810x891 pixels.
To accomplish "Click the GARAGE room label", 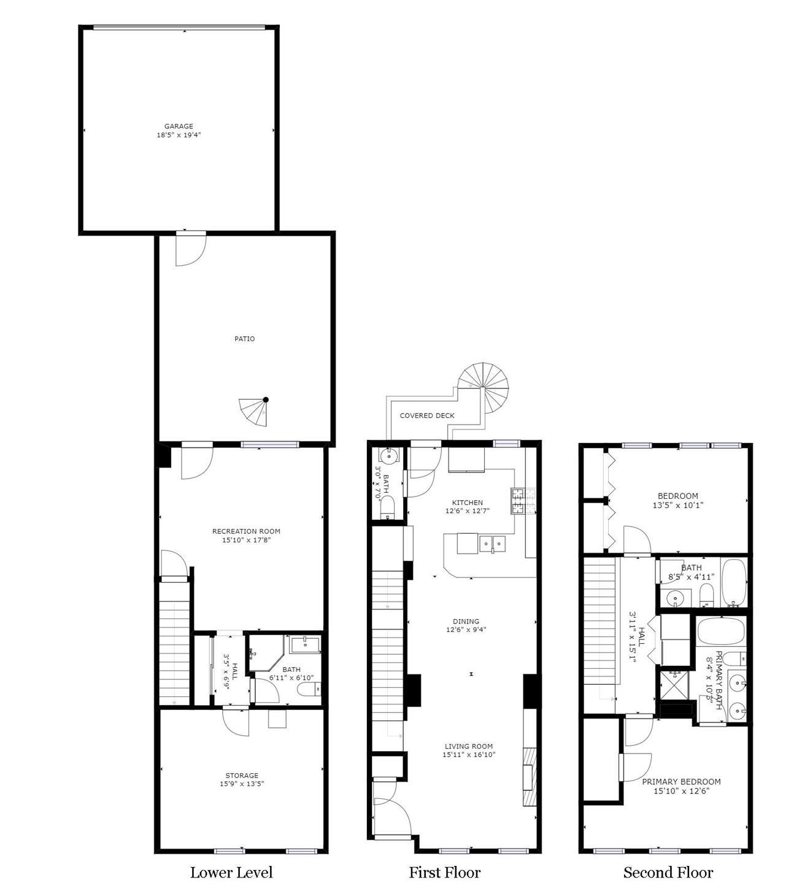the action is pos(179,126).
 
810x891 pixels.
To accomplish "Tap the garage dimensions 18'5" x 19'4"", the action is pos(179,135).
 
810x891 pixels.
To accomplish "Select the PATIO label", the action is pos(244,339).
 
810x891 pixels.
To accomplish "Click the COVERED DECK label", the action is pos(427,416).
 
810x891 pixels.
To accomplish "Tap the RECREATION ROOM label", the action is pos(246,531).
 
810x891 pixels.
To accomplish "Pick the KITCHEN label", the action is pos(468,503).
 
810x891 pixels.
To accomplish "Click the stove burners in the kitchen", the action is pos(523,501).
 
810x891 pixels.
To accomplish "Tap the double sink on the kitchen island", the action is pos(492,543).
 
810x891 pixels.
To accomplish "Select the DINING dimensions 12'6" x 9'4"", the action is pos(466,630).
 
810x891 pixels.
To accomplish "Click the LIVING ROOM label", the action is pos(469,746).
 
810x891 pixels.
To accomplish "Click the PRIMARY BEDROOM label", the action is pos(681,781).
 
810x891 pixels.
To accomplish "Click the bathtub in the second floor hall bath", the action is pos(733,583).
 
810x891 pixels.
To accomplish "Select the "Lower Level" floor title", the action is pos(231,873).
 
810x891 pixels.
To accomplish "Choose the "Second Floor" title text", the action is pos(668,873).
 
